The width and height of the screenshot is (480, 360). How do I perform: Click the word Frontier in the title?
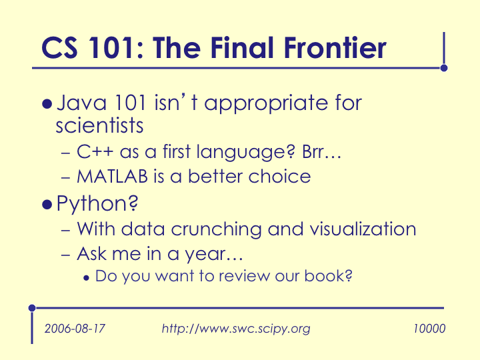tap(335, 48)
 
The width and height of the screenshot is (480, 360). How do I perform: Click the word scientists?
tap(99, 125)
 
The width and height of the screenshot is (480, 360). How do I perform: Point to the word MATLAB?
tap(113, 177)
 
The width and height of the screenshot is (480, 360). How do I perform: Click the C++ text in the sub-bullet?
tap(95, 151)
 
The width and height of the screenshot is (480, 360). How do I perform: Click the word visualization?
tap(363, 229)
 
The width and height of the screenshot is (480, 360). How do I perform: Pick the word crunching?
tap(216, 229)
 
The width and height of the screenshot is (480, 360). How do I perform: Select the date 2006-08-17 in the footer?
tap(75, 329)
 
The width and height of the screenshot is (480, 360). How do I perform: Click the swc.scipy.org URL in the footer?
tap(236, 329)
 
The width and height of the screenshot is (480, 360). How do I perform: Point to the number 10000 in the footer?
tap(429, 329)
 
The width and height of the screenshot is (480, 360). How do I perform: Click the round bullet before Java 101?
tap(47, 104)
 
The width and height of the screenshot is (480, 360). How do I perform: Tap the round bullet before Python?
tap(47, 205)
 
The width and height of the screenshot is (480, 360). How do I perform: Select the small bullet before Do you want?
tap(86, 278)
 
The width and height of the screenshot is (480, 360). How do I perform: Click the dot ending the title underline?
tap(444, 68)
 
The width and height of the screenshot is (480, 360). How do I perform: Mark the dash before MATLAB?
tap(66, 177)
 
